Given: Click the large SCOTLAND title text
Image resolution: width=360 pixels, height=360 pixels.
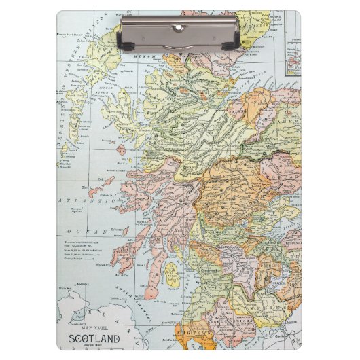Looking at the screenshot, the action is click(94, 338).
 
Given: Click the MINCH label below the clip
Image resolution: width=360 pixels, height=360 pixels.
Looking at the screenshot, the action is click(145, 56).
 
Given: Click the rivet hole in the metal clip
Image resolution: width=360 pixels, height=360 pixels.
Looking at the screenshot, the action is click(179, 27).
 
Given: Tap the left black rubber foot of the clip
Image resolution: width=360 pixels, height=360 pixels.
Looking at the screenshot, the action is click(127, 46).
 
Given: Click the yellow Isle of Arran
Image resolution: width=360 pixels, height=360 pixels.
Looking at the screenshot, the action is click(172, 275).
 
